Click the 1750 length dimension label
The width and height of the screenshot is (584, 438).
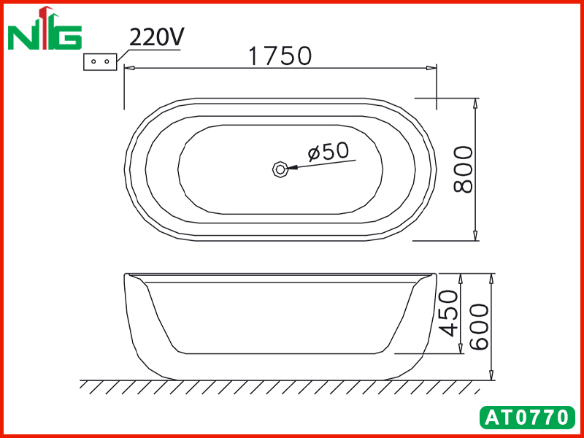[280, 56]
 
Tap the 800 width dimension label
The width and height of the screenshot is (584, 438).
[464, 169]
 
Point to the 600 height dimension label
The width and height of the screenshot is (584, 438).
[479, 327]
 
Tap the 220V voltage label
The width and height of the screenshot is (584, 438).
[157, 37]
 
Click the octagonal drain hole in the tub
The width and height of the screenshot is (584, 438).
[280, 169]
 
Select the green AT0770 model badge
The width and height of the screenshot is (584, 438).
[527, 418]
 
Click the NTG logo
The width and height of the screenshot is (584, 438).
[45, 28]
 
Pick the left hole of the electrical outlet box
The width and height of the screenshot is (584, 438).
[93, 61]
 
